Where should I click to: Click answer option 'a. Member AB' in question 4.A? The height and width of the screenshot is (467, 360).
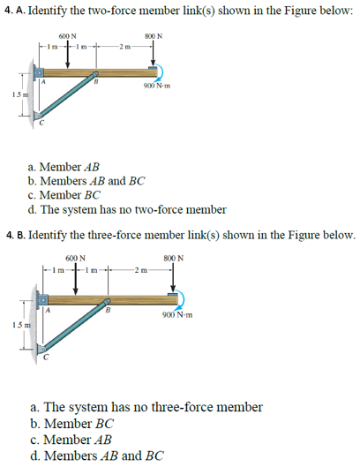pos(64,166)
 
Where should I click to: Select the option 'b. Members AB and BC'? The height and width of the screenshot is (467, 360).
pos(86,181)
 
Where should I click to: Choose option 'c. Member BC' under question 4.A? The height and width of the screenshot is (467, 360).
pos(64,195)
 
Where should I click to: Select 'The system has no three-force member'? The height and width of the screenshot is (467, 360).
pos(146,407)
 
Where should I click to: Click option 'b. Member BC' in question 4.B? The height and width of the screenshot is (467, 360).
pos(73,423)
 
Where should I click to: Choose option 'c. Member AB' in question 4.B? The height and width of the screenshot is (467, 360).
pos(73,439)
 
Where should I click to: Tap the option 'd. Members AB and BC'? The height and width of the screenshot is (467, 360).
pos(97,456)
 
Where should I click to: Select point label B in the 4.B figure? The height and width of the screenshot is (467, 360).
pos(108,309)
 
